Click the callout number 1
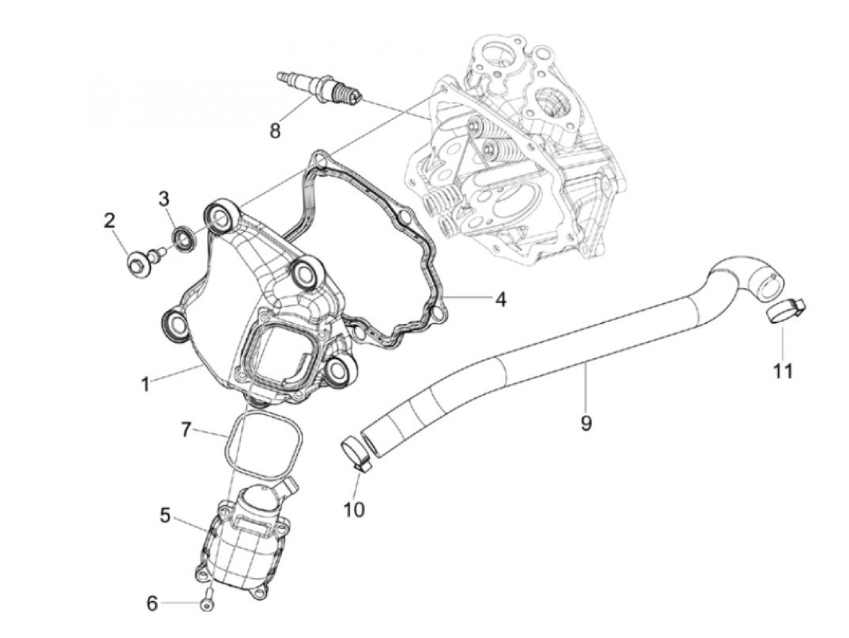tap(145, 384)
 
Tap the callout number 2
tap(109, 221)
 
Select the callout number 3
tap(163, 198)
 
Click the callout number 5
tap(166, 515)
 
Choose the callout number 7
tap(186, 431)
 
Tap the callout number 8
tap(275, 130)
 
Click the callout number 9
tap(585, 423)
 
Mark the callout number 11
tap(783, 371)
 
